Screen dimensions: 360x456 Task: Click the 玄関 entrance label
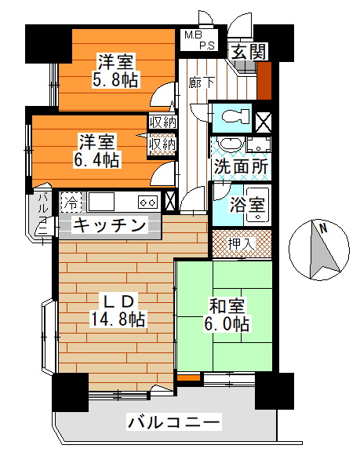[x=249, y=52]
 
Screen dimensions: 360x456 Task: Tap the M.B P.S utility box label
[x=199, y=40]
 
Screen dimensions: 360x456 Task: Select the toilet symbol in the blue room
[x=236, y=117]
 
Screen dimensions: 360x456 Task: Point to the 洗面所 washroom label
[x=241, y=166]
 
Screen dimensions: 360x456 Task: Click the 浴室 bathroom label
[x=247, y=205]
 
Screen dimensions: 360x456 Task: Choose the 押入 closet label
[x=241, y=243]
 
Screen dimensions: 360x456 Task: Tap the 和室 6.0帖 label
[x=227, y=315]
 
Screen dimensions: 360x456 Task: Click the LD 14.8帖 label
[x=118, y=310]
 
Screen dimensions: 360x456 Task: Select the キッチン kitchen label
[x=109, y=224]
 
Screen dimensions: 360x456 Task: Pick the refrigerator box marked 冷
[x=71, y=202]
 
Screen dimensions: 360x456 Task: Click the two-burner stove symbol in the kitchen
[x=148, y=202]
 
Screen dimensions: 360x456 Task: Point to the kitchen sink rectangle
[x=101, y=201]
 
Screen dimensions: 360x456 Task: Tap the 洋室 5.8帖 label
[x=115, y=71]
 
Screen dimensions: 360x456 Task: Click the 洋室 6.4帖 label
[x=96, y=151]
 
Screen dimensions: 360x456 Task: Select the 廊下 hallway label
[x=201, y=82]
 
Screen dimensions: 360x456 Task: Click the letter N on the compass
[x=323, y=228]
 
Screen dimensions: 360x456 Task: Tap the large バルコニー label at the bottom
[x=173, y=422]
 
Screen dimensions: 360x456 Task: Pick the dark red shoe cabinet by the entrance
[x=264, y=81]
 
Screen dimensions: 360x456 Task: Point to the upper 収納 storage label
[x=162, y=122]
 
